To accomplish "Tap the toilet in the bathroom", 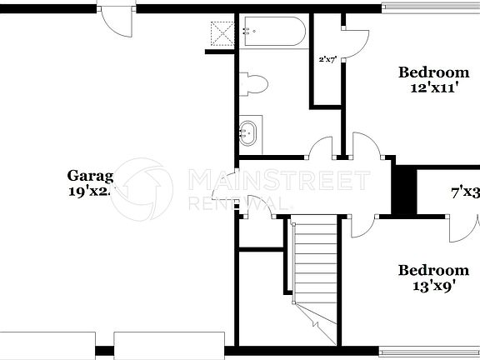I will pyautogui.click(x=254, y=83).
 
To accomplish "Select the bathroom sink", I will pyautogui.click(x=248, y=131).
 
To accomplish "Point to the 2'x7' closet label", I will pyautogui.click(x=327, y=60).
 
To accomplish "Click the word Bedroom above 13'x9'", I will pyautogui.click(x=432, y=270).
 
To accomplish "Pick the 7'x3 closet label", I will pyautogui.click(x=465, y=192).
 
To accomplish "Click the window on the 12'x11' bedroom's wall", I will pyautogui.click(x=430, y=8).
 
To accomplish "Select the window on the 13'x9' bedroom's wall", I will pyautogui.click(x=428, y=351).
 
